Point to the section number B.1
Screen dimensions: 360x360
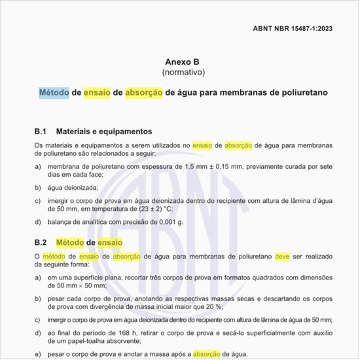42,131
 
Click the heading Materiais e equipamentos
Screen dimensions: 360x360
105,131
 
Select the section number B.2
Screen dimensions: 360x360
42,243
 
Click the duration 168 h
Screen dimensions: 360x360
119,332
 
